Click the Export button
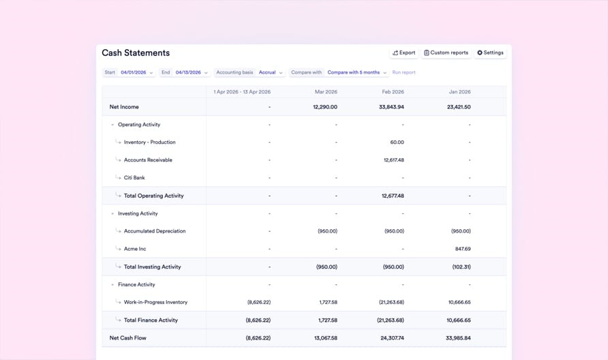point(404,52)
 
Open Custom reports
point(446,52)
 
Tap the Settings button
point(490,52)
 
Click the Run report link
point(404,72)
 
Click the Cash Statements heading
point(136,52)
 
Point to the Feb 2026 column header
point(393,91)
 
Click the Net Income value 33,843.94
point(391,107)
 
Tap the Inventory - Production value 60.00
point(397,142)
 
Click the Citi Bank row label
point(134,178)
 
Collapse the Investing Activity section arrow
point(112,213)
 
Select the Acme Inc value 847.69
point(462,249)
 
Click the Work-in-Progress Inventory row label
point(155,302)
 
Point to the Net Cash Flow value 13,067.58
point(324,337)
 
